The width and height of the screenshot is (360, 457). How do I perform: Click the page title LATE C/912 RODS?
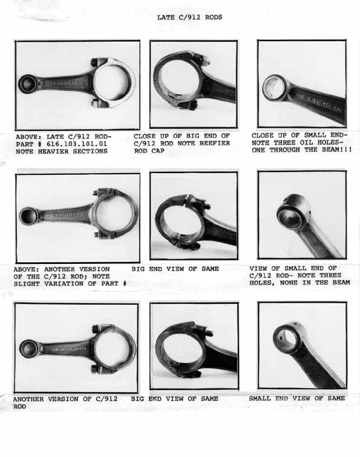tap(189, 17)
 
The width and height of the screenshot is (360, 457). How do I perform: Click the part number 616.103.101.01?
tap(77, 144)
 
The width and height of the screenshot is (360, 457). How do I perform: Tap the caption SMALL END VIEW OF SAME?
tap(297, 398)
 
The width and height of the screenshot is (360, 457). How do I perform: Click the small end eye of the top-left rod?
tap(27, 84)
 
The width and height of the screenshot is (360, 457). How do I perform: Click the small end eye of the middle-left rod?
tap(28, 216)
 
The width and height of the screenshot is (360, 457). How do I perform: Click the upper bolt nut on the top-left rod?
tap(94, 63)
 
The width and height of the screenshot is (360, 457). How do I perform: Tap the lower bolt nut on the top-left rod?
tap(95, 102)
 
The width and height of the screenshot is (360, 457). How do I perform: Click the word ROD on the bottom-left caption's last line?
tap(19, 407)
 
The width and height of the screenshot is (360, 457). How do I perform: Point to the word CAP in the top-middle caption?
tap(158, 151)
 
